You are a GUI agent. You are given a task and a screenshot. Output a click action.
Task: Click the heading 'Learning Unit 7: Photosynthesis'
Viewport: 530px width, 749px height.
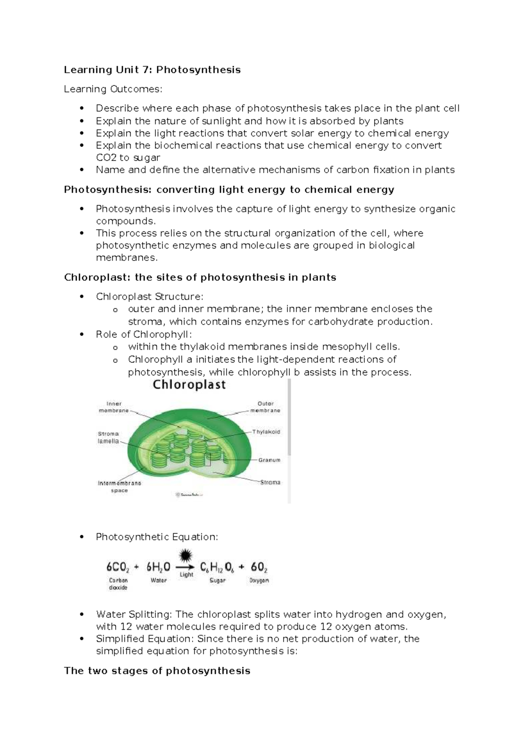point(152,70)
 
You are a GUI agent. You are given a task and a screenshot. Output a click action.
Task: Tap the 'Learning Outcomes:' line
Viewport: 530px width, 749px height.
point(113,89)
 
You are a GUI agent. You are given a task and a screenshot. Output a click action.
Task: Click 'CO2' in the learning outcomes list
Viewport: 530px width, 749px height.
point(106,158)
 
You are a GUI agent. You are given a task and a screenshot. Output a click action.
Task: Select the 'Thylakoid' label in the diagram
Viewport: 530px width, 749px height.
point(266,432)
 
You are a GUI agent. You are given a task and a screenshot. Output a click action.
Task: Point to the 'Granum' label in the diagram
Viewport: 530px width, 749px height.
point(269,460)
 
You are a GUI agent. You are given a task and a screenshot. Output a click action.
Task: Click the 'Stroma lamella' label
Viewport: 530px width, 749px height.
point(108,437)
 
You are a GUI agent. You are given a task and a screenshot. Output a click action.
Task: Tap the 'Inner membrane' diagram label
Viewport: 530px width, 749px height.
point(114,407)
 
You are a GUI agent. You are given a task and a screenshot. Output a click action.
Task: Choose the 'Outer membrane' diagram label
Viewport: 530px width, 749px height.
point(265,407)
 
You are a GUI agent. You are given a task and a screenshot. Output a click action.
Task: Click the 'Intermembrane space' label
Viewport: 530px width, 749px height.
point(119,487)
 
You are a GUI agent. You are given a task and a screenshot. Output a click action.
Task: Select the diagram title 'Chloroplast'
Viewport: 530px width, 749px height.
point(189,385)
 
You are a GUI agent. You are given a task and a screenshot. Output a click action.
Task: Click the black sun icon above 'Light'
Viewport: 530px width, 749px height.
point(186,555)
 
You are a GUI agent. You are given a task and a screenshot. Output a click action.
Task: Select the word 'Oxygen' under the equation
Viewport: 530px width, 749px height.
point(259,580)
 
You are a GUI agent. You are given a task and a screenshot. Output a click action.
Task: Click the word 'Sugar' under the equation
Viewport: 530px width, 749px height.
point(217,580)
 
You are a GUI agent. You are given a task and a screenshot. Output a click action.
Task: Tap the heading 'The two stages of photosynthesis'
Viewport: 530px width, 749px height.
point(157,671)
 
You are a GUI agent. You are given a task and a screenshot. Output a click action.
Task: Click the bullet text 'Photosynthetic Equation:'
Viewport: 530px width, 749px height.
point(157,537)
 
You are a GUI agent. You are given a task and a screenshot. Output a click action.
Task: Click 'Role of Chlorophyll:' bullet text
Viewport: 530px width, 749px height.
point(144,334)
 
